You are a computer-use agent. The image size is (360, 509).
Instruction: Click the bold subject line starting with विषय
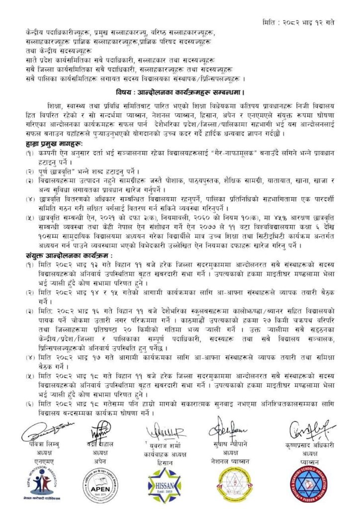[180, 92]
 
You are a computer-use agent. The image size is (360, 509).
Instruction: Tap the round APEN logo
[99, 485]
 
